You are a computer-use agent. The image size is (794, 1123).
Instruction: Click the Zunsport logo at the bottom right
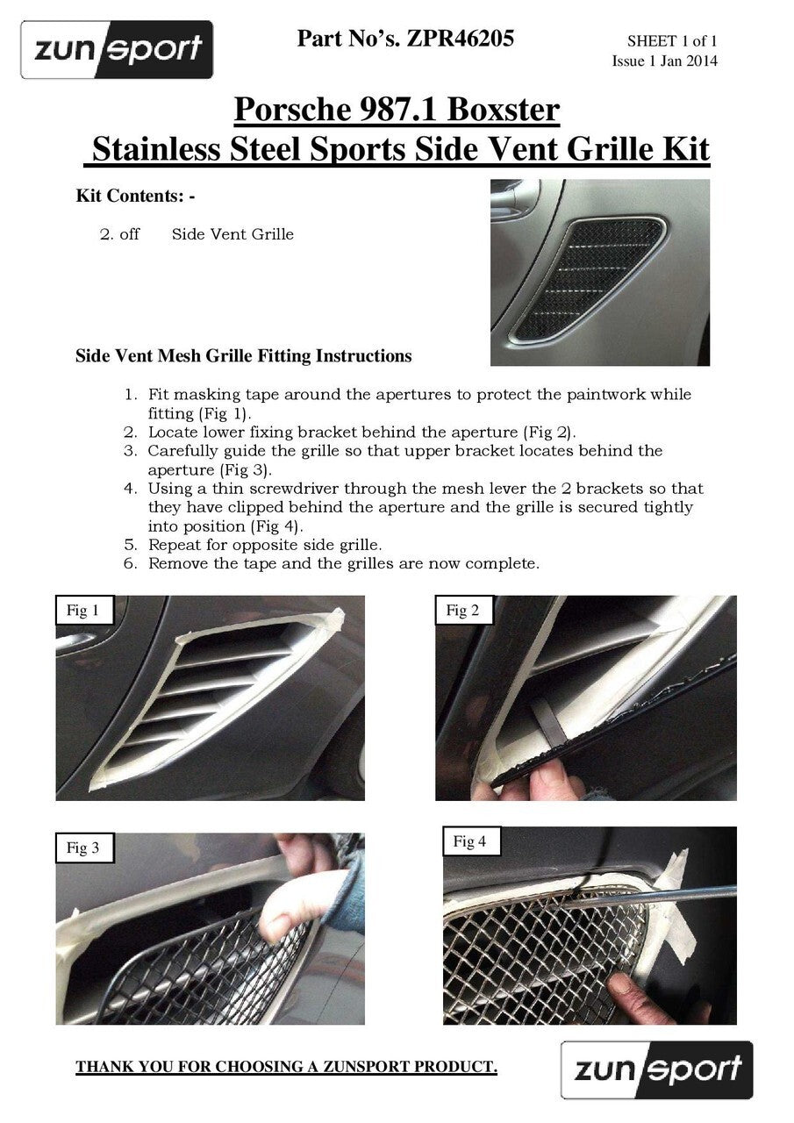656,1069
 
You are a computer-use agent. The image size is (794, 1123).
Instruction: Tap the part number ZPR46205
460,39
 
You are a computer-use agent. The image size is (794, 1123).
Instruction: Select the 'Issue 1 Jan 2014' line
664,61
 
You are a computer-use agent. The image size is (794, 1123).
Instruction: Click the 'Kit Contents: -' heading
135,196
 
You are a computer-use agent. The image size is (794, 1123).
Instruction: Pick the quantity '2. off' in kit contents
119,234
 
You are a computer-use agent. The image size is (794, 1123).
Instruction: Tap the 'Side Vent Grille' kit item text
232,234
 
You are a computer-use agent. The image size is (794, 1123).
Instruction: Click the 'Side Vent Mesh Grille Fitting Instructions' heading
244,356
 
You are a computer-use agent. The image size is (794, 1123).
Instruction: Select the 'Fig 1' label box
83,611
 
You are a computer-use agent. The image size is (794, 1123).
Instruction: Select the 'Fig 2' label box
462,611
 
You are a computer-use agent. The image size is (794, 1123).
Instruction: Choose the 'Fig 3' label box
83,848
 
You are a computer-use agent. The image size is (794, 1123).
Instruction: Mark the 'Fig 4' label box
470,842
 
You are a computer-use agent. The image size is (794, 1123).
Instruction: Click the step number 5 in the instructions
129,544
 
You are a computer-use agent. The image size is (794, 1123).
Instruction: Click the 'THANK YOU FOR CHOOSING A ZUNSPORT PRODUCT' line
286,1067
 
